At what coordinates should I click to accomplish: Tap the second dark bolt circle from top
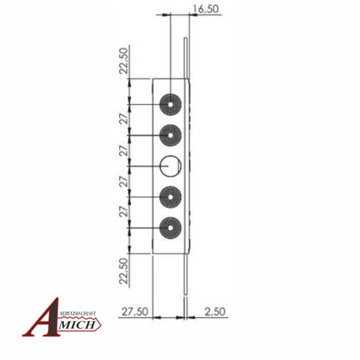coord(171,135)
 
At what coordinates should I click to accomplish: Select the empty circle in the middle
coord(171,165)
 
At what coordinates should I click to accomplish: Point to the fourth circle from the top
coord(171,195)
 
